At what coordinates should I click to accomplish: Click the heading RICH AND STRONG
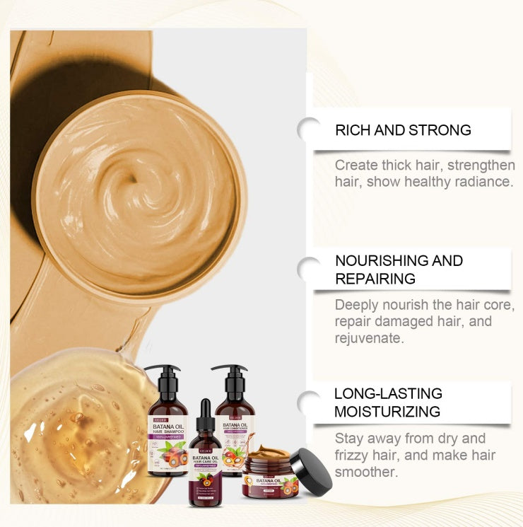coord(403,130)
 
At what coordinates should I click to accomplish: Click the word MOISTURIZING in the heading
coord(387,411)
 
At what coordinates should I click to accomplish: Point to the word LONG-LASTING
coord(388,393)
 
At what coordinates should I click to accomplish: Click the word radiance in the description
coord(481,182)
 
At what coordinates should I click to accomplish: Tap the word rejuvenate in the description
coord(369,338)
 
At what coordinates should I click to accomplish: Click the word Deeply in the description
coord(355,306)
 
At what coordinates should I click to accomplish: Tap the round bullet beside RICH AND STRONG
coord(309,129)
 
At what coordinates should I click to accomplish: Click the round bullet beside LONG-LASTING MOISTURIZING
coord(309,403)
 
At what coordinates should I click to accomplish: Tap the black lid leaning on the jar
coord(310,472)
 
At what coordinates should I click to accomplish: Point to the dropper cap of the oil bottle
coord(206,413)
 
